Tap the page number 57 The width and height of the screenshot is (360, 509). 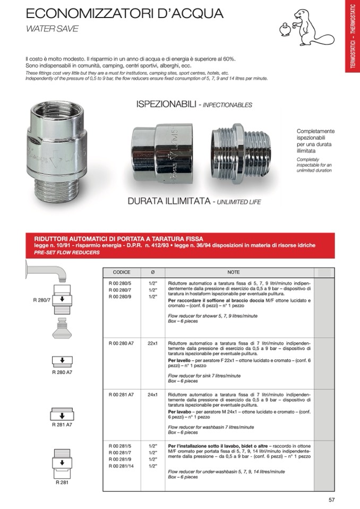coord(332,499)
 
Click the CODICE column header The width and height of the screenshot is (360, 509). coord(121,272)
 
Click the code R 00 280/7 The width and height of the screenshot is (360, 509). coord(119,290)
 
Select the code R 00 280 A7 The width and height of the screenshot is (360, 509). coord(121,343)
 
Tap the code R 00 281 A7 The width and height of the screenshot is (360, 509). coord(121,395)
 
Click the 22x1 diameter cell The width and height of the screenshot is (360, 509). coord(153,343)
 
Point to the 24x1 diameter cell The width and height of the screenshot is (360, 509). coord(153,395)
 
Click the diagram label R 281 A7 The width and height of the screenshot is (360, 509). coord(62,425)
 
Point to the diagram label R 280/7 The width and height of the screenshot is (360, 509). coord(41,300)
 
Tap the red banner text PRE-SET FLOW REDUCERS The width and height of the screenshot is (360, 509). coord(63,253)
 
